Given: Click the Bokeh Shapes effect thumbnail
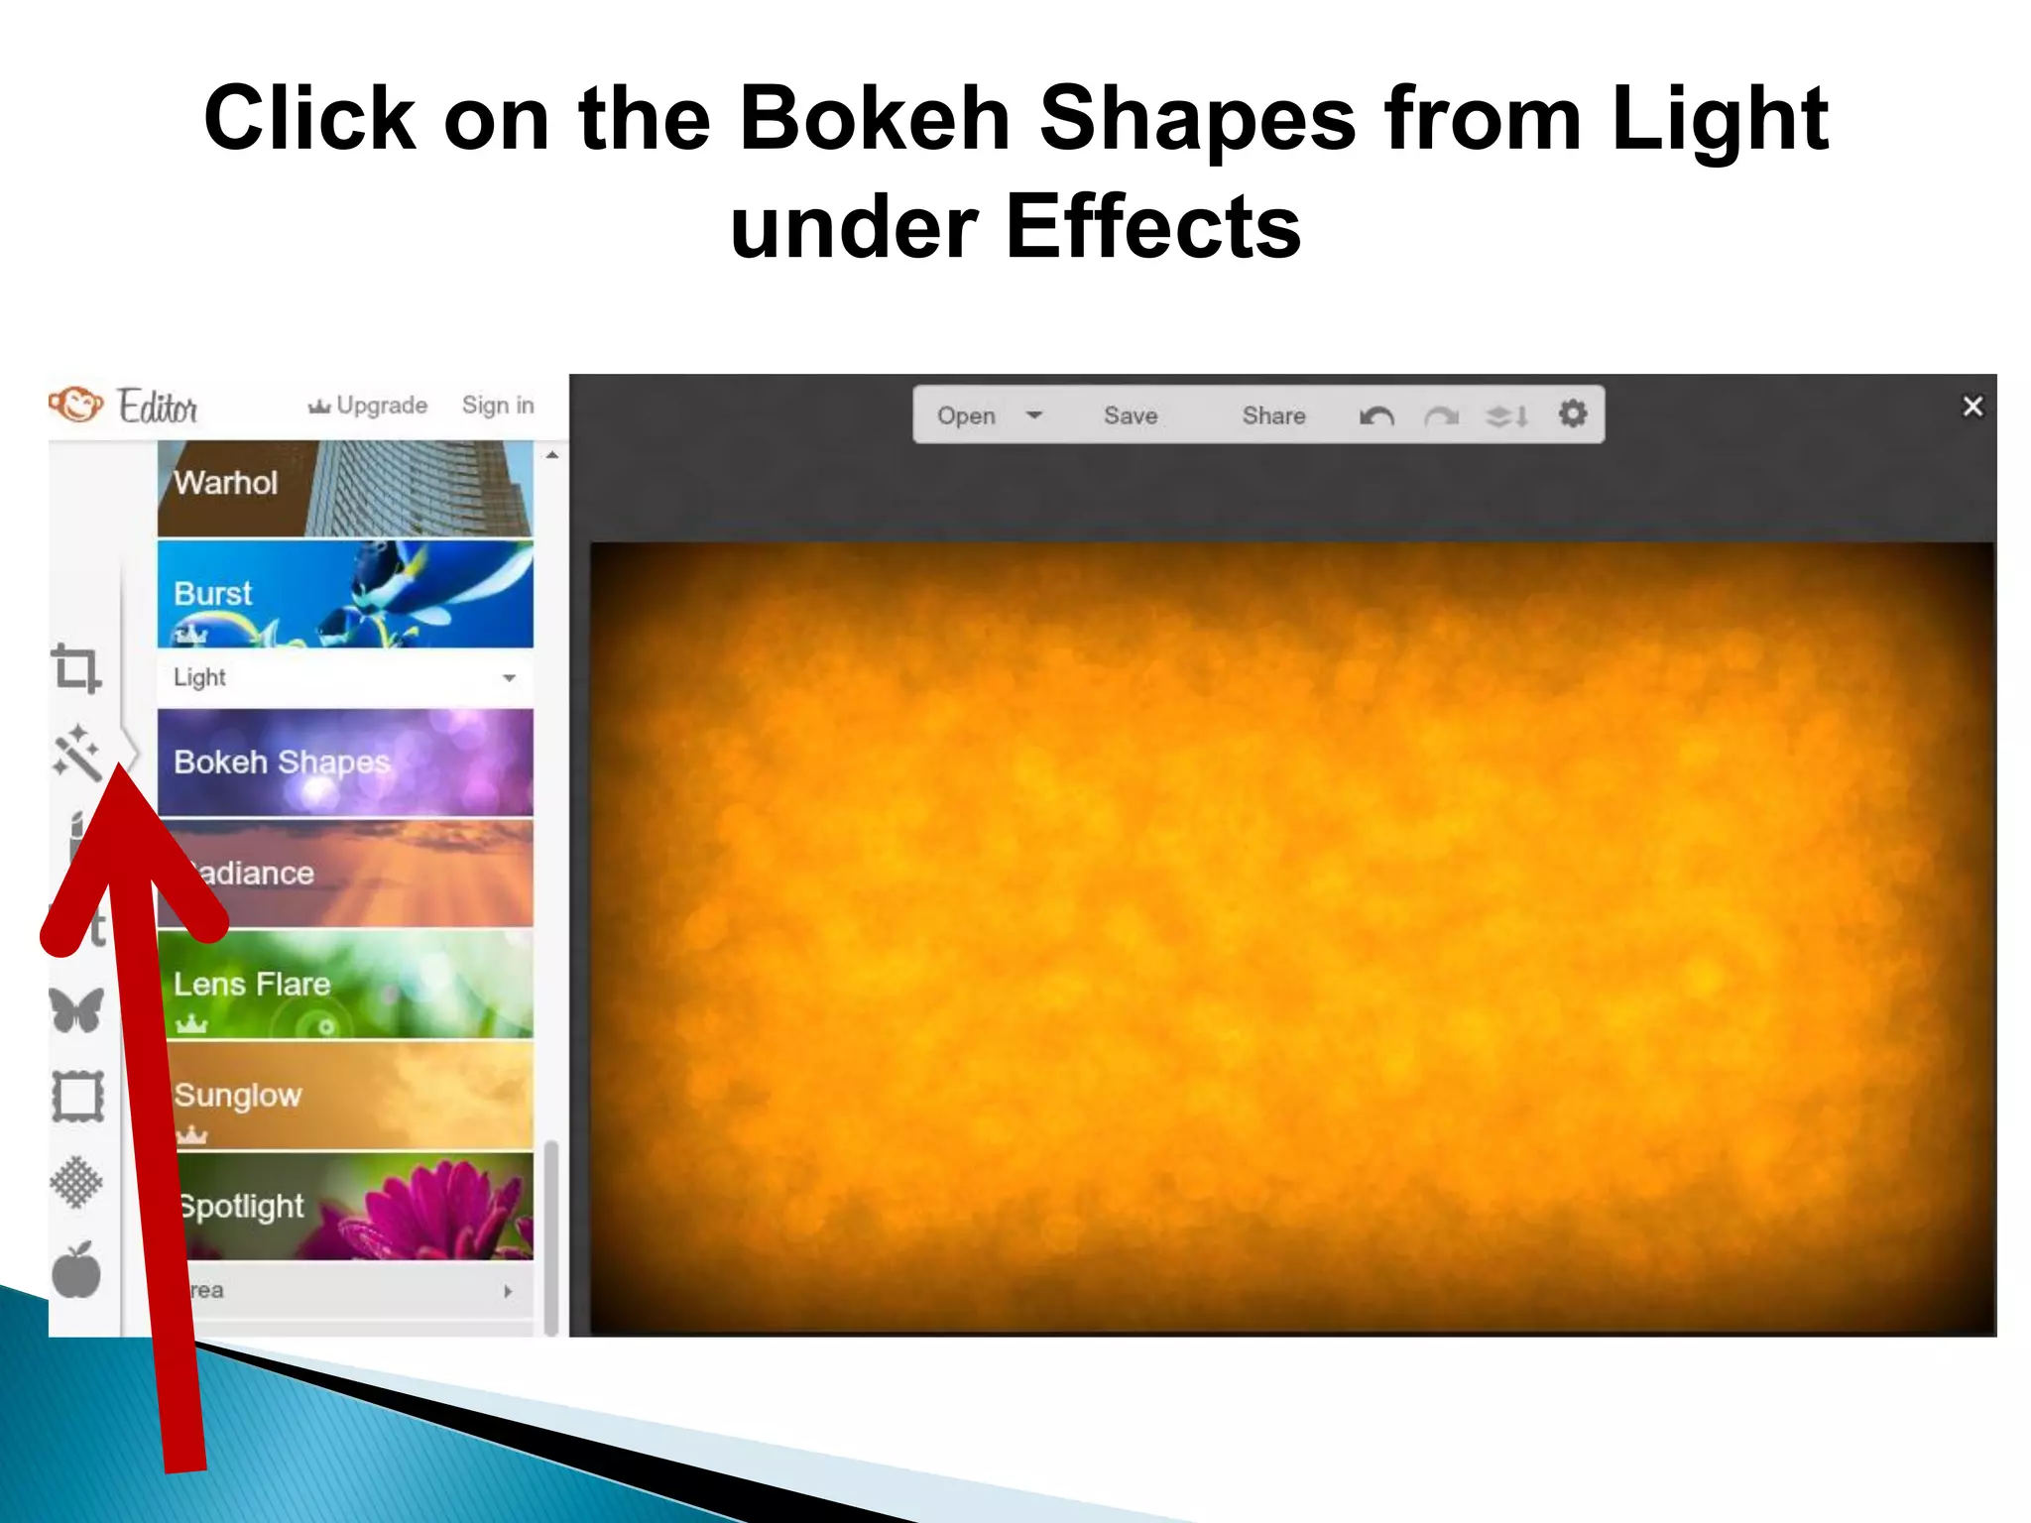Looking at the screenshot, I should click(x=344, y=761).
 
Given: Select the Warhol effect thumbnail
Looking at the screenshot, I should click(x=344, y=488).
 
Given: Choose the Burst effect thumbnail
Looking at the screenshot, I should click(x=344, y=593).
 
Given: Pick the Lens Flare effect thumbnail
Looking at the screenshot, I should click(x=344, y=984).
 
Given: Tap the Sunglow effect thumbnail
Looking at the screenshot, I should click(x=344, y=1095).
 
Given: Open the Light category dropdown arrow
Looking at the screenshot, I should click(x=509, y=678).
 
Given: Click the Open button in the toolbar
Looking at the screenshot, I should click(x=966, y=415).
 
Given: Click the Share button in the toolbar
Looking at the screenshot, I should click(x=1273, y=415).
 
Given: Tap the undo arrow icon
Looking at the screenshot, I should click(x=1376, y=415).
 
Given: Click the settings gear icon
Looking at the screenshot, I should click(x=1573, y=413).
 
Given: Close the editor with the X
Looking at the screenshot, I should click(x=1972, y=407).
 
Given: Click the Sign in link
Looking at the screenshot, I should click(x=498, y=406).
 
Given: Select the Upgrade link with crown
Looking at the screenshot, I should click(x=369, y=406).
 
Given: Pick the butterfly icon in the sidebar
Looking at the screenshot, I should click(x=76, y=1010).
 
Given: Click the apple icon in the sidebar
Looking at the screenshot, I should click(x=76, y=1270).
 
